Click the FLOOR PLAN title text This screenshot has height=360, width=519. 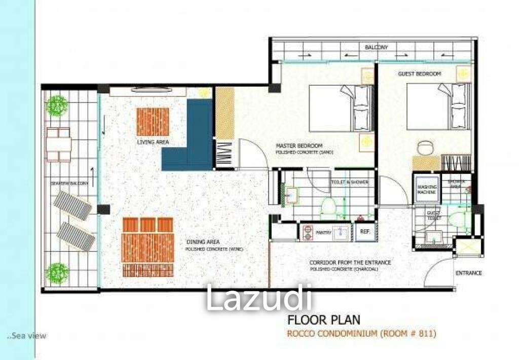[x=324, y=320]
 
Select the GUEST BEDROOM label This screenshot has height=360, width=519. [x=419, y=74]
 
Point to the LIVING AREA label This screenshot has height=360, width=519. [x=153, y=142]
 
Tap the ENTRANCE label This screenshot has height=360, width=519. [x=468, y=273]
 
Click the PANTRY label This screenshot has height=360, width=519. [x=323, y=233]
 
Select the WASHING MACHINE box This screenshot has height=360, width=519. [x=427, y=189]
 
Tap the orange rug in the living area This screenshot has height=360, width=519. [x=153, y=122]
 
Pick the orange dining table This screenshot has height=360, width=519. [x=147, y=247]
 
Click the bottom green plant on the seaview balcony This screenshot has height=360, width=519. [x=57, y=273]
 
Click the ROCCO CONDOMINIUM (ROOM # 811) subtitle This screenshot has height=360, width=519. [x=361, y=334]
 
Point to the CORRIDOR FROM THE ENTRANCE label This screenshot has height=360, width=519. [x=350, y=262]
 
